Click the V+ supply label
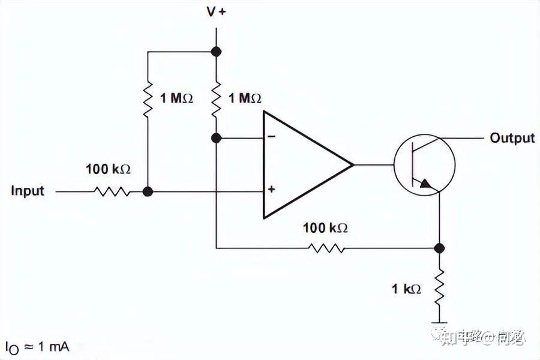coord(216,12)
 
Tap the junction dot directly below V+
coord(216,52)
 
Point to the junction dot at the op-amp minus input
coord(216,138)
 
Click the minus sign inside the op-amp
coord(271,137)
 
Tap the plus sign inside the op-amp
coord(271,190)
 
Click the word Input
coord(28,191)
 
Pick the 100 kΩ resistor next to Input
coord(112,192)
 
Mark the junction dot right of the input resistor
coord(148,192)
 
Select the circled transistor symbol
coord(424,164)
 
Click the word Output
coord(512,138)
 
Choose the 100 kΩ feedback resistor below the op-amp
coord(326,248)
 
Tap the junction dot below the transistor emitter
coord(439,248)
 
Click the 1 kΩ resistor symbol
coord(439,287)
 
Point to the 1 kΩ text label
coord(406,289)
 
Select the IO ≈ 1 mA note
coord(37,347)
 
